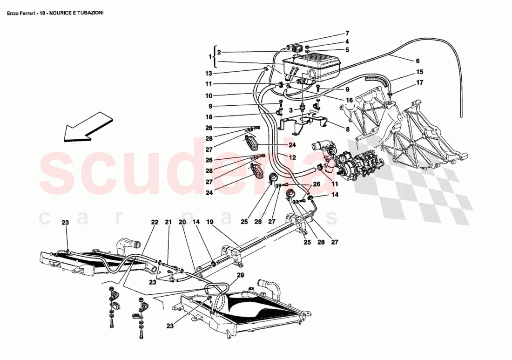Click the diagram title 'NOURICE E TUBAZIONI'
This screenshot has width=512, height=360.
(76, 13)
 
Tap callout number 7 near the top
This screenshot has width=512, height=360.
(347, 34)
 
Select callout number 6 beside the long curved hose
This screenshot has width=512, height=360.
(418, 61)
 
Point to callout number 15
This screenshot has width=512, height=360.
(419, 72)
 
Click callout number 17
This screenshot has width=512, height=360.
(419, 82)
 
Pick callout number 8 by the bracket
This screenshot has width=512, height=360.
(347, 129)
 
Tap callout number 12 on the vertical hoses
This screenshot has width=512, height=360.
(292, 157)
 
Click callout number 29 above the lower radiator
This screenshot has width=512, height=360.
(240, 275)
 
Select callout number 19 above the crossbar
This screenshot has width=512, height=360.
(209, 222)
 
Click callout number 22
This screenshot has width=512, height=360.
(155, 222)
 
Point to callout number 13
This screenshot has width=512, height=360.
(209, 74)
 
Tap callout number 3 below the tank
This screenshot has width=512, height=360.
(290, 111)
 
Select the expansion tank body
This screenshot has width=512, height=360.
(311, 68)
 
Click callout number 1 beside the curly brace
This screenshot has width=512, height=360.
(210, 57)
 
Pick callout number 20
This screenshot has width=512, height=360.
(182, 222)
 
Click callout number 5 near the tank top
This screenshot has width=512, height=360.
(347, 50)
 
